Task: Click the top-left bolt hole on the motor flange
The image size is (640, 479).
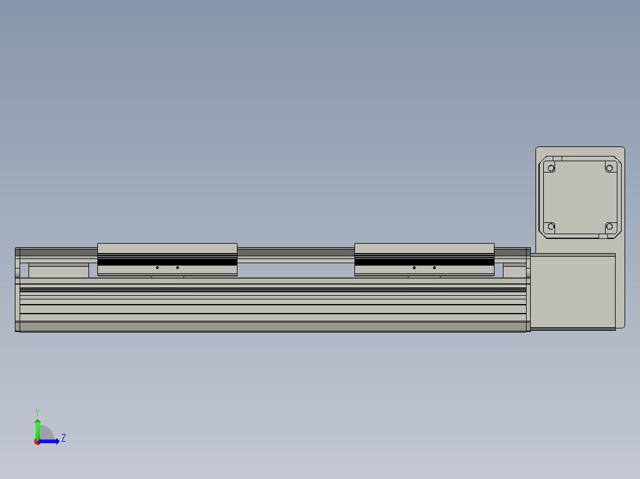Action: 551,168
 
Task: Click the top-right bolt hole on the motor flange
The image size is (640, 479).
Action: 609,168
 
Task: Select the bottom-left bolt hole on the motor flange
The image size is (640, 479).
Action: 551,226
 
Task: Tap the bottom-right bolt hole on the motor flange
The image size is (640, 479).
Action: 609,226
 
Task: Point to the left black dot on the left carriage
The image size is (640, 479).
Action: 157,268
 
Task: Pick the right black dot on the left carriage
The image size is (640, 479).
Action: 178,268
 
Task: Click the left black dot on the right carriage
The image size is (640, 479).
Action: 414,268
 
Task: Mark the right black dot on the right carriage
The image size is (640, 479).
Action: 434,268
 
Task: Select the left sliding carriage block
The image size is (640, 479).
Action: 167,259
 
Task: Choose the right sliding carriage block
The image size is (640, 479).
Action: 424,259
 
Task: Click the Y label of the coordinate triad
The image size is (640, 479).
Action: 37,411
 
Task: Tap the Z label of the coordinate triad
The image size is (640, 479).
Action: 63,438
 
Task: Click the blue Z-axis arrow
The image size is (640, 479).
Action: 50,441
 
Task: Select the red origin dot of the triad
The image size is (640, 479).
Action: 37,442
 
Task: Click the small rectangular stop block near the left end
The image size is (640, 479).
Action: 59,271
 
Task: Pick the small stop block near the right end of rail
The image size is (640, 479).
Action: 514,271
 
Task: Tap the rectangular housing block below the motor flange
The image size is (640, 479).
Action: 572,290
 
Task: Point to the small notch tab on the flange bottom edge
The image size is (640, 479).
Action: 602,236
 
